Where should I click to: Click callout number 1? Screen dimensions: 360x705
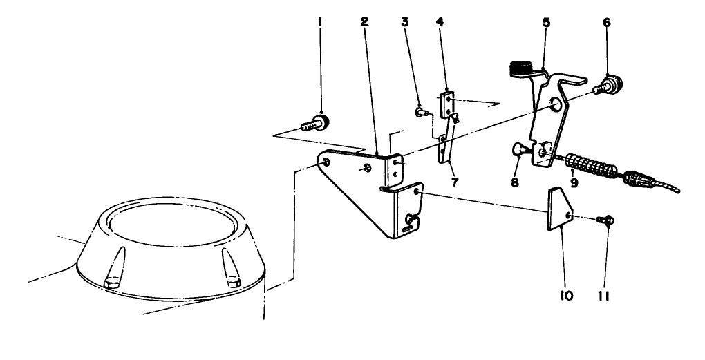[319, 22]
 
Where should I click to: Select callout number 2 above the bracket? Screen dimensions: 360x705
[364, 22]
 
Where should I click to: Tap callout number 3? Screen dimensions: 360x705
[405, 22]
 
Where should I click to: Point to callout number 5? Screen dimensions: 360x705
[546, 22]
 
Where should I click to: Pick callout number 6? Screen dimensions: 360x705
[606, 22]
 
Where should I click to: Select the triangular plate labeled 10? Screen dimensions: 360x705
[558, 211]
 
